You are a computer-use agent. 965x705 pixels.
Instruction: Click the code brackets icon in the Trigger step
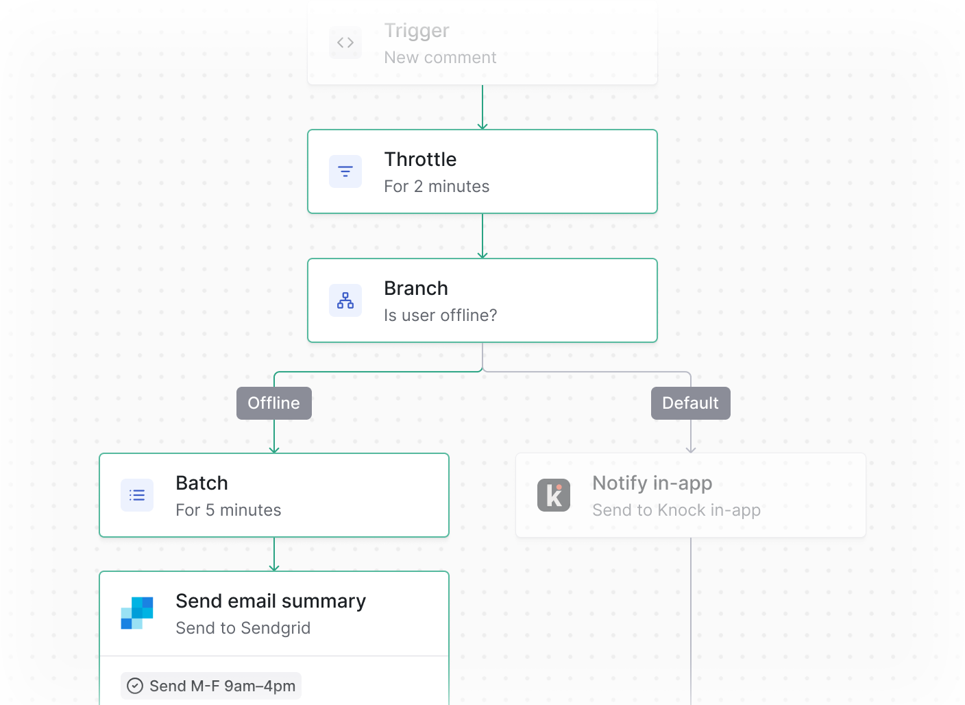point(345,43)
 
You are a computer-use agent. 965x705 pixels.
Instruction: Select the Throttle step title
point(420,159)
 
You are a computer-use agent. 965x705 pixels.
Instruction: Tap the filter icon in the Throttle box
point(345,171)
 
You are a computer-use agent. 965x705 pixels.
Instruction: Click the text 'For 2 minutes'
point(437,187)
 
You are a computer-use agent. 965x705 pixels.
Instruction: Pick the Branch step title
point(415,288)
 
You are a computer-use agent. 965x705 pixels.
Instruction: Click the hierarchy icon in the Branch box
point(345,300)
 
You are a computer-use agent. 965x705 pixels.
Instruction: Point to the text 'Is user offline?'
point(440,315)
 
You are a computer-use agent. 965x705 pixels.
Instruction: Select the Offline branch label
point(274,403)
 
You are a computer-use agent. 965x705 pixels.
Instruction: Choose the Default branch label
point(690,403)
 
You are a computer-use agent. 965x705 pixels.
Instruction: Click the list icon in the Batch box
point(137,495)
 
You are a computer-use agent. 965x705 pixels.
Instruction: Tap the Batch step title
point(201,483)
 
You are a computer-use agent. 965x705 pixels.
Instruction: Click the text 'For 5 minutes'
point(228,510)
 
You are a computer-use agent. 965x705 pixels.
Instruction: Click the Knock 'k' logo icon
point(554,495)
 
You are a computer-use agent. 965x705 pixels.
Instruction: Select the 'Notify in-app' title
point(652,483)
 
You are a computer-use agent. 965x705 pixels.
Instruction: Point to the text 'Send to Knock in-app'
point(676,510)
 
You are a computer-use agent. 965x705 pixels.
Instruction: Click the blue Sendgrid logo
point(137,613)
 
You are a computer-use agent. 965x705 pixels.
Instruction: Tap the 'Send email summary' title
point(271,601)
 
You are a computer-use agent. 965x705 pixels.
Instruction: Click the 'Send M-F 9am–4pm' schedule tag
point(211,686)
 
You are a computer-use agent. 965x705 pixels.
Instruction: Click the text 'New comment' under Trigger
point(440,58)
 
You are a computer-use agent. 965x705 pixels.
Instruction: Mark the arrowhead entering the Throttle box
point(483,126)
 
